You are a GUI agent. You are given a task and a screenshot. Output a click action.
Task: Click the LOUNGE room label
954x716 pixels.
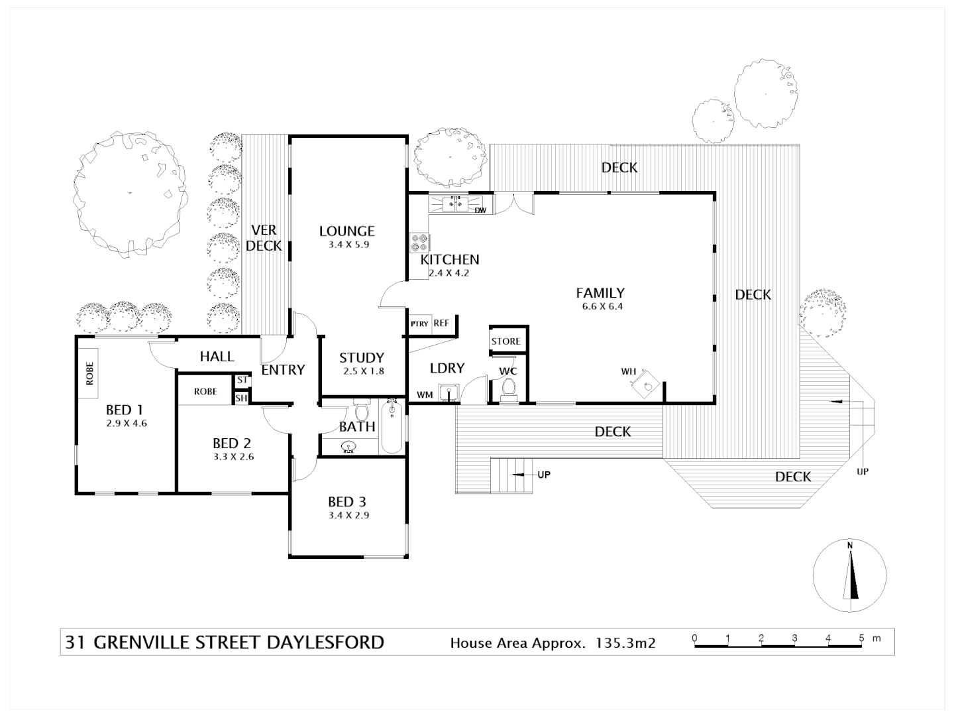coord(346,231)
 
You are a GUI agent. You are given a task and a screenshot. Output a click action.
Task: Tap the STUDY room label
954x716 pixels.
coord(362,358)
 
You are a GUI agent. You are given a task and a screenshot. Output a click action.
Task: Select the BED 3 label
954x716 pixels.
coord(347,502)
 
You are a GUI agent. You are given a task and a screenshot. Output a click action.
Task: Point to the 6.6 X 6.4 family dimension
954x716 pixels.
coord(600,306)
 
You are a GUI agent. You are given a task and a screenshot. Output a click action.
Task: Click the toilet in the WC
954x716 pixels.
coord(509,389)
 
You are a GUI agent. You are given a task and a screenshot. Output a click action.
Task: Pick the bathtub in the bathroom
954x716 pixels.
coord(392,426)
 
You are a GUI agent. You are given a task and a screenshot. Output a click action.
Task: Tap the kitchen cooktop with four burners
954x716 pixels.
coord(419,241)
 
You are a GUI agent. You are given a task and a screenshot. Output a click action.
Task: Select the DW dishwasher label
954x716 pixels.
coord(480,211)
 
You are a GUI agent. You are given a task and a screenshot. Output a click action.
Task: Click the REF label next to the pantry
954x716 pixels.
coord(441,324)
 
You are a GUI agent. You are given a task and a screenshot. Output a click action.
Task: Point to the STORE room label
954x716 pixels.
coord(506,341)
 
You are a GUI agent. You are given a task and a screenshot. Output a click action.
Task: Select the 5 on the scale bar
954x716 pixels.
coord(861,638)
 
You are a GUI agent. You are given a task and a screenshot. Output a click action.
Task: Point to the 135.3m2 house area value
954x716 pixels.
coord(626,642)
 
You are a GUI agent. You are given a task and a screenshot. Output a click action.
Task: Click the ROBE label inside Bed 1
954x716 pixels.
coord(89,374)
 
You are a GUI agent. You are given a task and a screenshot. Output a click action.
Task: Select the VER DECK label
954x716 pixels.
coord(264,238)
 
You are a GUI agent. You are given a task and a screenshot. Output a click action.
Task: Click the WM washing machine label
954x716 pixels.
coord(425,395)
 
